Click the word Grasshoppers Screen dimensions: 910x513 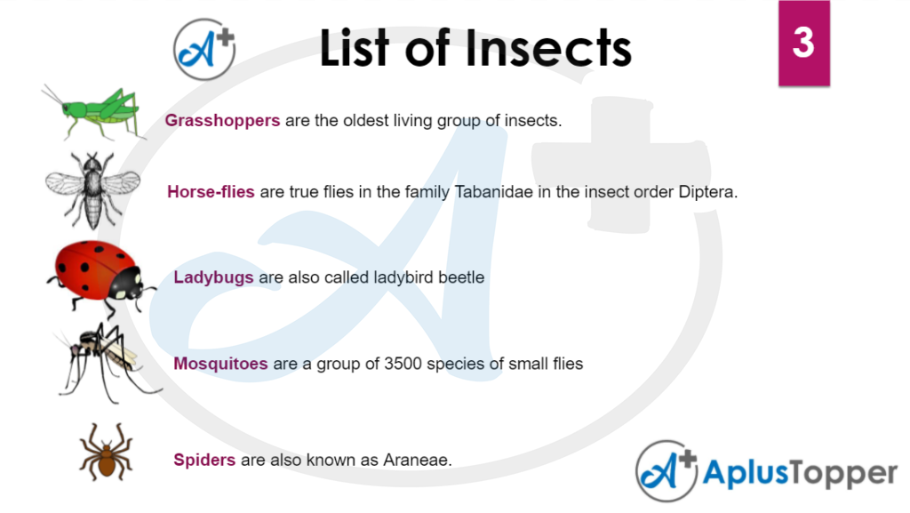coord(222,121)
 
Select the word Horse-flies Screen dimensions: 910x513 coord(211,191)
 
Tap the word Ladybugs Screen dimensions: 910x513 coord(213,277)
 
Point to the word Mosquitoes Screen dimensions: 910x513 coord(220,364)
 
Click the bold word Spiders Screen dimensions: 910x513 coord(204,461)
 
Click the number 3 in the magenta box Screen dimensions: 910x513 coord(803,43)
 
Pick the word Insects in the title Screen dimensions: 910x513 coord(547,49)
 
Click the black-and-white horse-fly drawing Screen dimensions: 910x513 coord(92,190)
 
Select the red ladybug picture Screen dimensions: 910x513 coord(100,277)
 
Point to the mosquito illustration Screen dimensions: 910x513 coord(105,364)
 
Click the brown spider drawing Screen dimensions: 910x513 coord(107,453)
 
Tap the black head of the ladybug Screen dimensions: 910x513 coord(126,283)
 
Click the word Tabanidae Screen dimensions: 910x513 coord(493,192)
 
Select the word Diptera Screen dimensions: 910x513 coord(708,192)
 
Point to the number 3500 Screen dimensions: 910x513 coord(403,364)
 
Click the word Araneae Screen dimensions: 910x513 coord(418,461)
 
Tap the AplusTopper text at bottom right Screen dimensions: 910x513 coord(800,474)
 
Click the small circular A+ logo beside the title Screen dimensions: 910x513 coord(204,49)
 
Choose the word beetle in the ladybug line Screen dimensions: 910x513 coord(461,277)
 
